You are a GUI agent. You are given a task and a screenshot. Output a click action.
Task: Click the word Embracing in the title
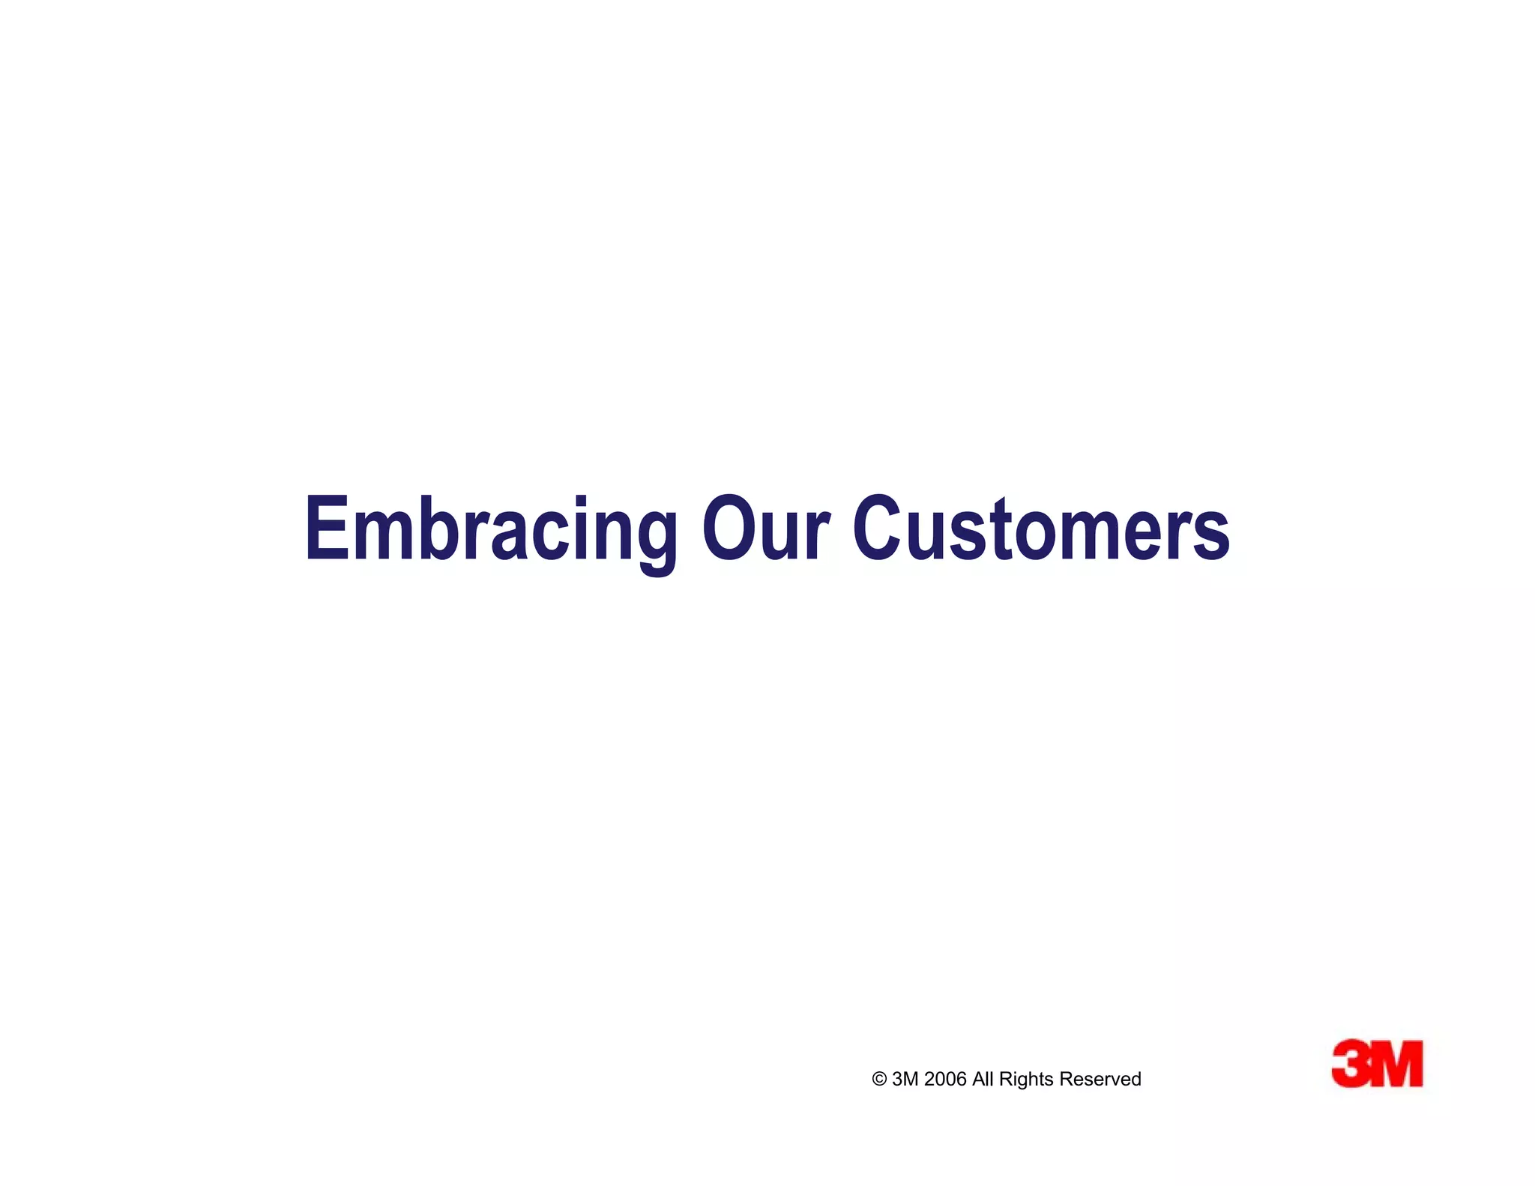click(x=491, y=529)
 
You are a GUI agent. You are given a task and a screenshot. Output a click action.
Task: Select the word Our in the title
click(x=766, y=529)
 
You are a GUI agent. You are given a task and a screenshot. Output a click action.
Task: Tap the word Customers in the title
click(x=1041, y=529)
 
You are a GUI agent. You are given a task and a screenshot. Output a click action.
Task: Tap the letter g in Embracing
click(x=651, y=540)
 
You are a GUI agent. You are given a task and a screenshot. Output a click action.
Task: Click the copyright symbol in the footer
click(x=879, y=1080)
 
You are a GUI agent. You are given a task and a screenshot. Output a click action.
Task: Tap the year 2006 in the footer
click(x=945, y=1080)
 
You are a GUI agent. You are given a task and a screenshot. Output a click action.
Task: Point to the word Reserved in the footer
click(x=1100, y=1080)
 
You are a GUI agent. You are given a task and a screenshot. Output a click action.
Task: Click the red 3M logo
click(x=1377, y=1063)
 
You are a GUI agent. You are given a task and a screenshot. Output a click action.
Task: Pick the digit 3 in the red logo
click(x=1351, y=1063)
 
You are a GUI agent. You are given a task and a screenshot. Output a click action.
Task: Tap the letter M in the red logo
click(x=1397, y=1063)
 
